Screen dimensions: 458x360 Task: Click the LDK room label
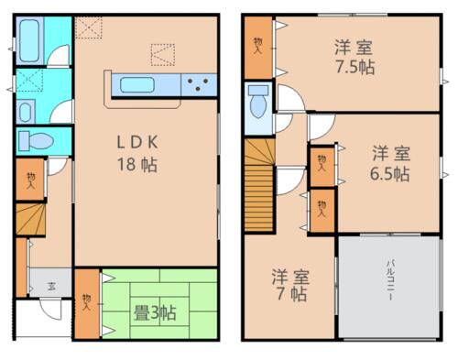click(137, 142)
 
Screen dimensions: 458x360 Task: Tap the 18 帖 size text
click(137, 165)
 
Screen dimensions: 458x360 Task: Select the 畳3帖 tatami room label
click(155, 312)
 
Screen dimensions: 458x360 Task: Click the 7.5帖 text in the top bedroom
click(355, 67)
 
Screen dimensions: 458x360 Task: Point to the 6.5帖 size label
click(390, 174)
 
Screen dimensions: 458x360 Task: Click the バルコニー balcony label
click(390, 280)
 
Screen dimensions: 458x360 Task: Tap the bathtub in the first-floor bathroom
click(29, 40)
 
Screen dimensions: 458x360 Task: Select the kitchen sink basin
click(136, 85)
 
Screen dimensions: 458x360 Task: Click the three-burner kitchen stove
click(199, 84)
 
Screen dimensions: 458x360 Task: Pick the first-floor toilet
click(36, 141)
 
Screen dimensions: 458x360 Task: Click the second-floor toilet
click(258, 102)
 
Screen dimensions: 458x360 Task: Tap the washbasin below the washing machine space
click(26, 112)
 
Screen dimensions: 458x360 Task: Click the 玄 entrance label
click(51, 286)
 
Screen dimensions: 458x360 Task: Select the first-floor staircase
click(30, 220)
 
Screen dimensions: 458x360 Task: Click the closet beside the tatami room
click(87, 304)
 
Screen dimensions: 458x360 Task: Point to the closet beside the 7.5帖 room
click(258, 48)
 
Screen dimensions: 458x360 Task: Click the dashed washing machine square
click(29, 81)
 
